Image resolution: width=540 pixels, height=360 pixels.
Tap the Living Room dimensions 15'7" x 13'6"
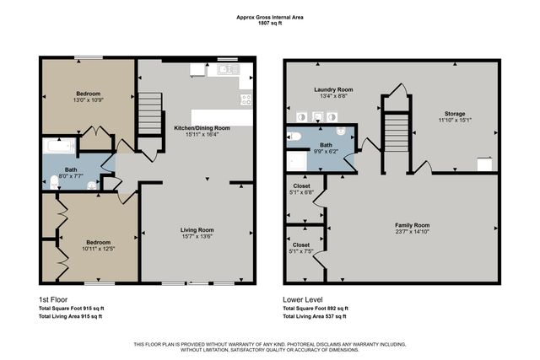[x=197, y=237]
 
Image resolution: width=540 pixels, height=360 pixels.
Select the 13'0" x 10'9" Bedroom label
[x=89, y=98]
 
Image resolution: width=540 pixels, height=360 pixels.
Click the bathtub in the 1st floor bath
[x=59, y=149]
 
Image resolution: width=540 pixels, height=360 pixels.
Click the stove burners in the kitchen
[x=246, y=99]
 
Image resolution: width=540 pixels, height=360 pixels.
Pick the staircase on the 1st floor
[x=148, y=111]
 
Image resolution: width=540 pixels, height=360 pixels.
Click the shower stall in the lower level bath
[x=297, y=160]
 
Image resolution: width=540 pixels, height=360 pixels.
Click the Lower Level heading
[x=302, y=299]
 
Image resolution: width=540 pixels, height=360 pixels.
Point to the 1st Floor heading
[x=53, y=299]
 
